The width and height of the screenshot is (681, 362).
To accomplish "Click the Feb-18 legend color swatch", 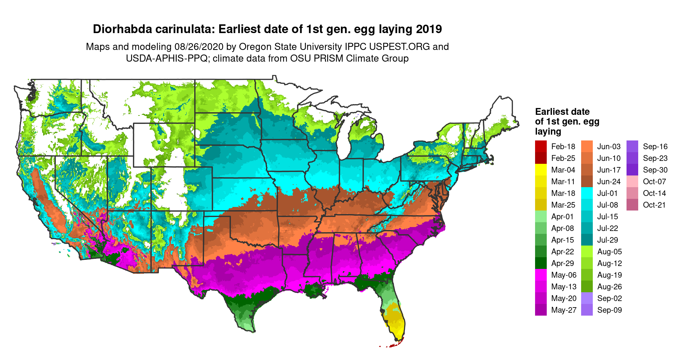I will pyautogui.click(x=541, y=146).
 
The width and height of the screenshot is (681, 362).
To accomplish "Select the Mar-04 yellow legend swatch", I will pyautogui.click(x=541, y=170).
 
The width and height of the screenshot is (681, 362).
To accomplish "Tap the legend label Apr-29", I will pyautogui.click(x=562, y=263).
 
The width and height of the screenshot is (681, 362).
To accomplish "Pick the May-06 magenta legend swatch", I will pyautogui.click(x=541, y=275).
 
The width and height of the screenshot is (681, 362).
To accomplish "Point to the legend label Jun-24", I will pyautogui.click(x=609, y=181).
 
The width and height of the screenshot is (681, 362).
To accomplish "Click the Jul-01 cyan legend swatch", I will pyautogui.click(x=587, y=193).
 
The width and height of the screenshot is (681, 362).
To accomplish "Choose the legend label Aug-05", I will pyautogui.click(x=609, y=251).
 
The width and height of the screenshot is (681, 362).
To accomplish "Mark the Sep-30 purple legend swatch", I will pyautogui.click(x=632, y=170).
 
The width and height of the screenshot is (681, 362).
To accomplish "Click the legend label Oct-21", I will pyautogui.click(x=654, y=205).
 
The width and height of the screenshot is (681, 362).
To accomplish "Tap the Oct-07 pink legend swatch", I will pyautogui.click(x=632, y=181).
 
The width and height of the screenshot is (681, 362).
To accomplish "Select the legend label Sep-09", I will pyautogui.click(x=609, y=310).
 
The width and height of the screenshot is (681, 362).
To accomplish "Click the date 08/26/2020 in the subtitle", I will pyautogui.click(x=199, y=47).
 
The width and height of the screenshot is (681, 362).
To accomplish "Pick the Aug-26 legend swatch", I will pyautogui.click(x=587, y=286).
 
